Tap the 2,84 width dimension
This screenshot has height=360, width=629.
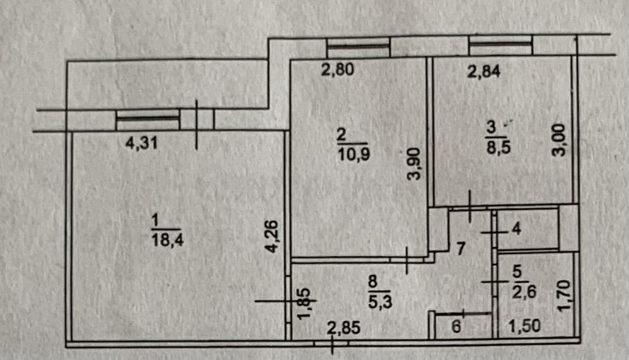point(483,71)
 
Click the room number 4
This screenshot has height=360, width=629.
point(516,229)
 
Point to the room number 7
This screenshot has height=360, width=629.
point(460,248)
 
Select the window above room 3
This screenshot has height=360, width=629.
point(500,44)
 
